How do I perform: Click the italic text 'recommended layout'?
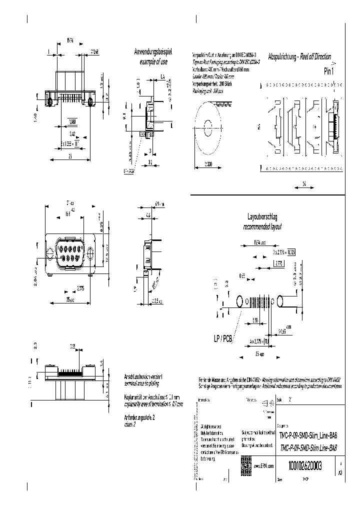click(262, 226)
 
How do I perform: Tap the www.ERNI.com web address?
click(264, 466)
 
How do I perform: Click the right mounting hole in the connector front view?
click(90, 251)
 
